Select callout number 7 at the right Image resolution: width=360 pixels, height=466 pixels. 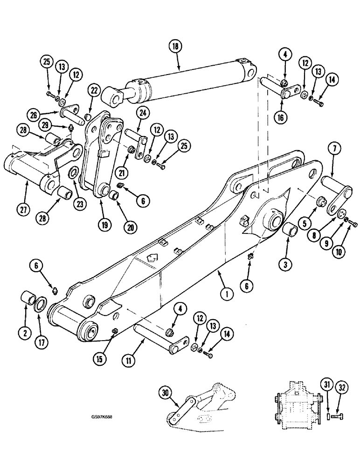[x=336, y=150]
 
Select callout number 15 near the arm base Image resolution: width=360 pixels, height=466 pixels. [x=101, y=359]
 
